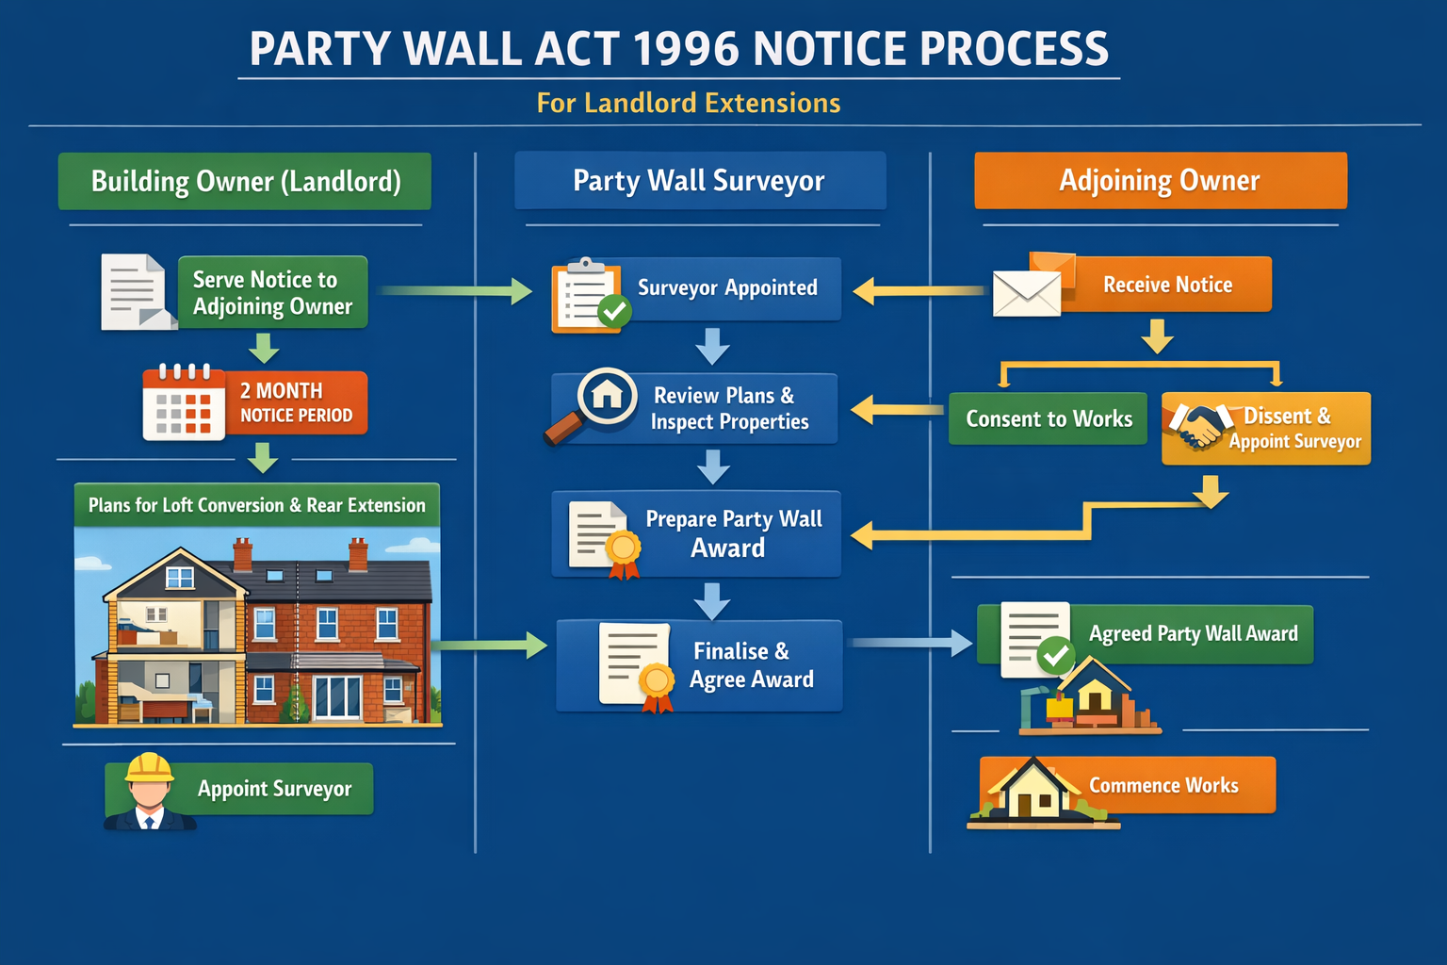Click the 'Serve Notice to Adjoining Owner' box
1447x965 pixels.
click(x=272, y=292)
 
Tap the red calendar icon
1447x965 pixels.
click(x=183, y=402)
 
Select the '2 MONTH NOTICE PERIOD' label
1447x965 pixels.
click(x=296, y=402)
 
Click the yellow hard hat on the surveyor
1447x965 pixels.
click(x=149, y=768)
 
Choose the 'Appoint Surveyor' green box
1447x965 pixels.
click(x=274, y=789)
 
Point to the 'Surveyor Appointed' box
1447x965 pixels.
click(x=726, y=288)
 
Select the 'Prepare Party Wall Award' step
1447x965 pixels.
click(x=733, y=533)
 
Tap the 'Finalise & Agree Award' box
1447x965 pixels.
click(x=750, y=665)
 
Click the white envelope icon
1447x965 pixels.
click(x=1026, y=293)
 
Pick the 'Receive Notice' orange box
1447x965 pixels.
click(x=1167, y=285)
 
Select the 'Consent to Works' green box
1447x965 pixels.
click(x=1049, y=419)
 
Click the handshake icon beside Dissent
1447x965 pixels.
click(x=1197, y=425)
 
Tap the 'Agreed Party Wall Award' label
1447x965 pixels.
click(x=1193, y=634)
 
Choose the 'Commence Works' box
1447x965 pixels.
click(x=1162, y=785)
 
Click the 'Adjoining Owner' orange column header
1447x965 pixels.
click(x=1160, y=181)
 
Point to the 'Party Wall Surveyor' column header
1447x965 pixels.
click(x=699, y=181)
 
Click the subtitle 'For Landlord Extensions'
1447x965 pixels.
click(x=689, y=103)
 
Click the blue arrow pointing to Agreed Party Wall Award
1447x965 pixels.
click(x=911, y=643)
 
